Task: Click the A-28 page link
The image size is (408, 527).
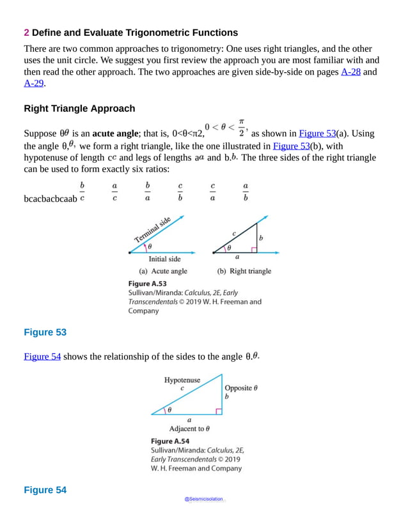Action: (350, 73)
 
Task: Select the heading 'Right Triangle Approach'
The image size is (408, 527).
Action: (79, 109)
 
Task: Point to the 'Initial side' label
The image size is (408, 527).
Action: (164, 259)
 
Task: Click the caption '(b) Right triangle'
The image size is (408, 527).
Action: (244, 271)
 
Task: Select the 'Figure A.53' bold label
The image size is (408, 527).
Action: (148, 283)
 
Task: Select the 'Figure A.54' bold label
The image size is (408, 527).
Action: (169, 441)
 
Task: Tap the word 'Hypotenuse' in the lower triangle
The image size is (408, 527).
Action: (182, 379)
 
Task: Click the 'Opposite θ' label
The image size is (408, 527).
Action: (241, 388)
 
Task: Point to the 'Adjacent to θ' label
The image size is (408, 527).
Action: (189, 429)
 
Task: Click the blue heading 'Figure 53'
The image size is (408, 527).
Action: (45, 332)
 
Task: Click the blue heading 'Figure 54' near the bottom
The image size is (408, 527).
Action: (45, 490)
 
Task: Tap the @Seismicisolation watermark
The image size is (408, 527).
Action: (204, 500)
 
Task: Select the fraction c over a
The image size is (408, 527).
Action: (212, 192)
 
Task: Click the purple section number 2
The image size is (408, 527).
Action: (26, 33)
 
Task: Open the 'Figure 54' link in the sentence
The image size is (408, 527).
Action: (42, 356)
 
